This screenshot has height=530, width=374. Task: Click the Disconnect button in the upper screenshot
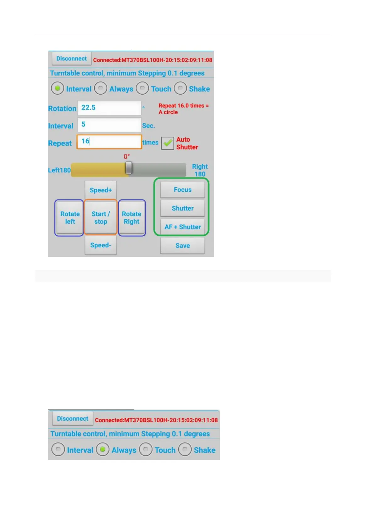coord(71,59)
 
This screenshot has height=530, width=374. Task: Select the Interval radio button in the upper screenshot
coord(58,89)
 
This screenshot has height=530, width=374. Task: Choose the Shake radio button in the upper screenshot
coord(180,89)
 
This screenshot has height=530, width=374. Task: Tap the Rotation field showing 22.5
coord(109,108)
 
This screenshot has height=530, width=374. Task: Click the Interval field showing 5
coord(109,125)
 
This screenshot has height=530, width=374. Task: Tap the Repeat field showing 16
coord(109,142)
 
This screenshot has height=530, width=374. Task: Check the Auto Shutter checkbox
coord(168,143)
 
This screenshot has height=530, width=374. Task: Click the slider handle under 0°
coord(129,168)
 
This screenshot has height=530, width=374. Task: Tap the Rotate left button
coord(70,217)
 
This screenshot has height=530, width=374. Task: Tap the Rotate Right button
coord(131,217)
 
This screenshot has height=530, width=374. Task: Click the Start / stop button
coord(101,217)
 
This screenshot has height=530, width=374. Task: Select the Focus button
coord(182,190)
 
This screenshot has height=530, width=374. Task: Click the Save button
coord(182,245)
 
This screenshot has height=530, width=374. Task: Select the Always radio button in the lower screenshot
coord(102,449)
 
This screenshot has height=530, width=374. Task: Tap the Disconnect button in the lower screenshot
coord(72,419)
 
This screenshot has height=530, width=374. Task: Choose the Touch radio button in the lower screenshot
coord(146,449)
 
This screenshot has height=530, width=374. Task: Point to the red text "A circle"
coord(168,112)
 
